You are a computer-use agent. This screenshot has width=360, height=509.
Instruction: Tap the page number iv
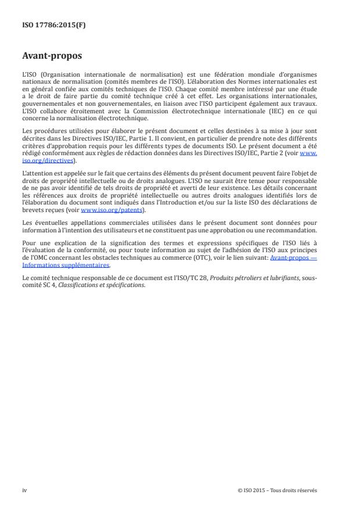tap(24, 490)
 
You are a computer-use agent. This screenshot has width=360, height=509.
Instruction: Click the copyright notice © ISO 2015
tap(254, 490)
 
